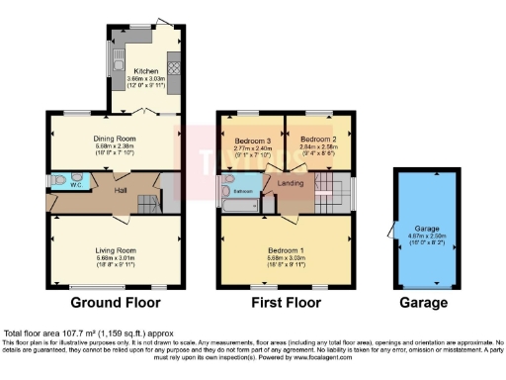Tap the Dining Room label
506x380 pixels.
(x=115, y=138)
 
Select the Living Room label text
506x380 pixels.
(x=115, y=250)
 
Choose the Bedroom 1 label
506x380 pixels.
(x=288, y=251)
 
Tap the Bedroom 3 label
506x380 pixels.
(x=252, y=141)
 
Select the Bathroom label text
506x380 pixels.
(x=243, y=191)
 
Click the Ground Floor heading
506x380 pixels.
(x=115, y=302)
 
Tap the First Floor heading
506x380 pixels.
(x=288, y=302)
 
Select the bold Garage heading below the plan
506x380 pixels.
(x=422, y=303)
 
